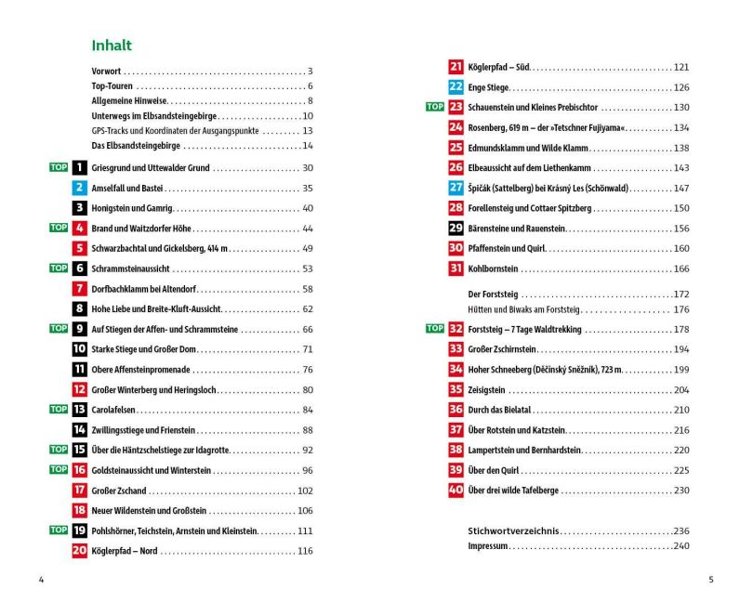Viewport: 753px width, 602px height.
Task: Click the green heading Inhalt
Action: pos(112,45)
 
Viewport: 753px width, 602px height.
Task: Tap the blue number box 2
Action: pos(80,188)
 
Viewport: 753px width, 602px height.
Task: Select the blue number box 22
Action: pos(456,87)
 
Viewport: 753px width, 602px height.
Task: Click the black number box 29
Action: pos(456,229)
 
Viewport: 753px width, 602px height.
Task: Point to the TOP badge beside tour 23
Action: pos(434,107)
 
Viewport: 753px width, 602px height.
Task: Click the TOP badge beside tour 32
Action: pos(434,329)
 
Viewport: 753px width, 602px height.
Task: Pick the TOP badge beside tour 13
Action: pos(59,410)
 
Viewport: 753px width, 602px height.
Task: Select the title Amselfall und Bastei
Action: pos(126,188)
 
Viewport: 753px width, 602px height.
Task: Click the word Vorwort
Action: pos(107,71)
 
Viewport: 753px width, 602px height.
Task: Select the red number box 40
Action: pos(456,490)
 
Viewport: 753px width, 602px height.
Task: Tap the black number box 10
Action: pos(80,349)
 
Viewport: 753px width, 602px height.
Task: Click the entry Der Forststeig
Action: pos(493,294)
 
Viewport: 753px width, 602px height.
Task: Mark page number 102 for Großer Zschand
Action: pos(305,491)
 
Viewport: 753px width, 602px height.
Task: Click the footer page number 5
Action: pos(711,580)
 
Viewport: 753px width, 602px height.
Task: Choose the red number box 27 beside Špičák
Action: pos(456,188)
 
